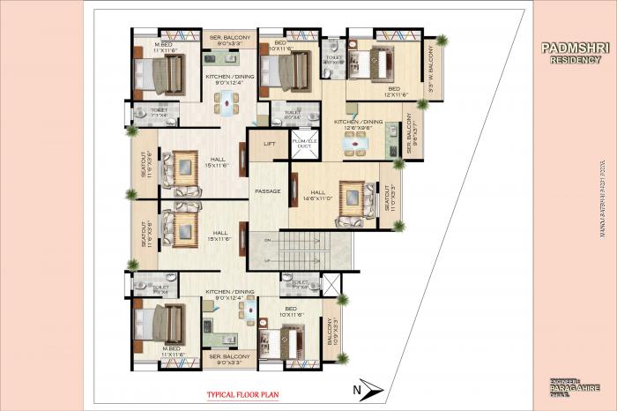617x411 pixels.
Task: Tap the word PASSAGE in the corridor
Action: [268, 191]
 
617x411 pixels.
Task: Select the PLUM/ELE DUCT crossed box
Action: [304, 145]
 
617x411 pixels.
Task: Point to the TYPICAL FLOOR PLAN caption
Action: [243, 396]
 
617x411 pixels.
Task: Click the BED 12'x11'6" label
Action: [394, 92]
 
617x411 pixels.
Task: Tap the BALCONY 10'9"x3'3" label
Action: [331, 330]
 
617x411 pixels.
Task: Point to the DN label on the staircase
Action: [266, 240]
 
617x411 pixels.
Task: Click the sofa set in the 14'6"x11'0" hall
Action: [351, 199]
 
